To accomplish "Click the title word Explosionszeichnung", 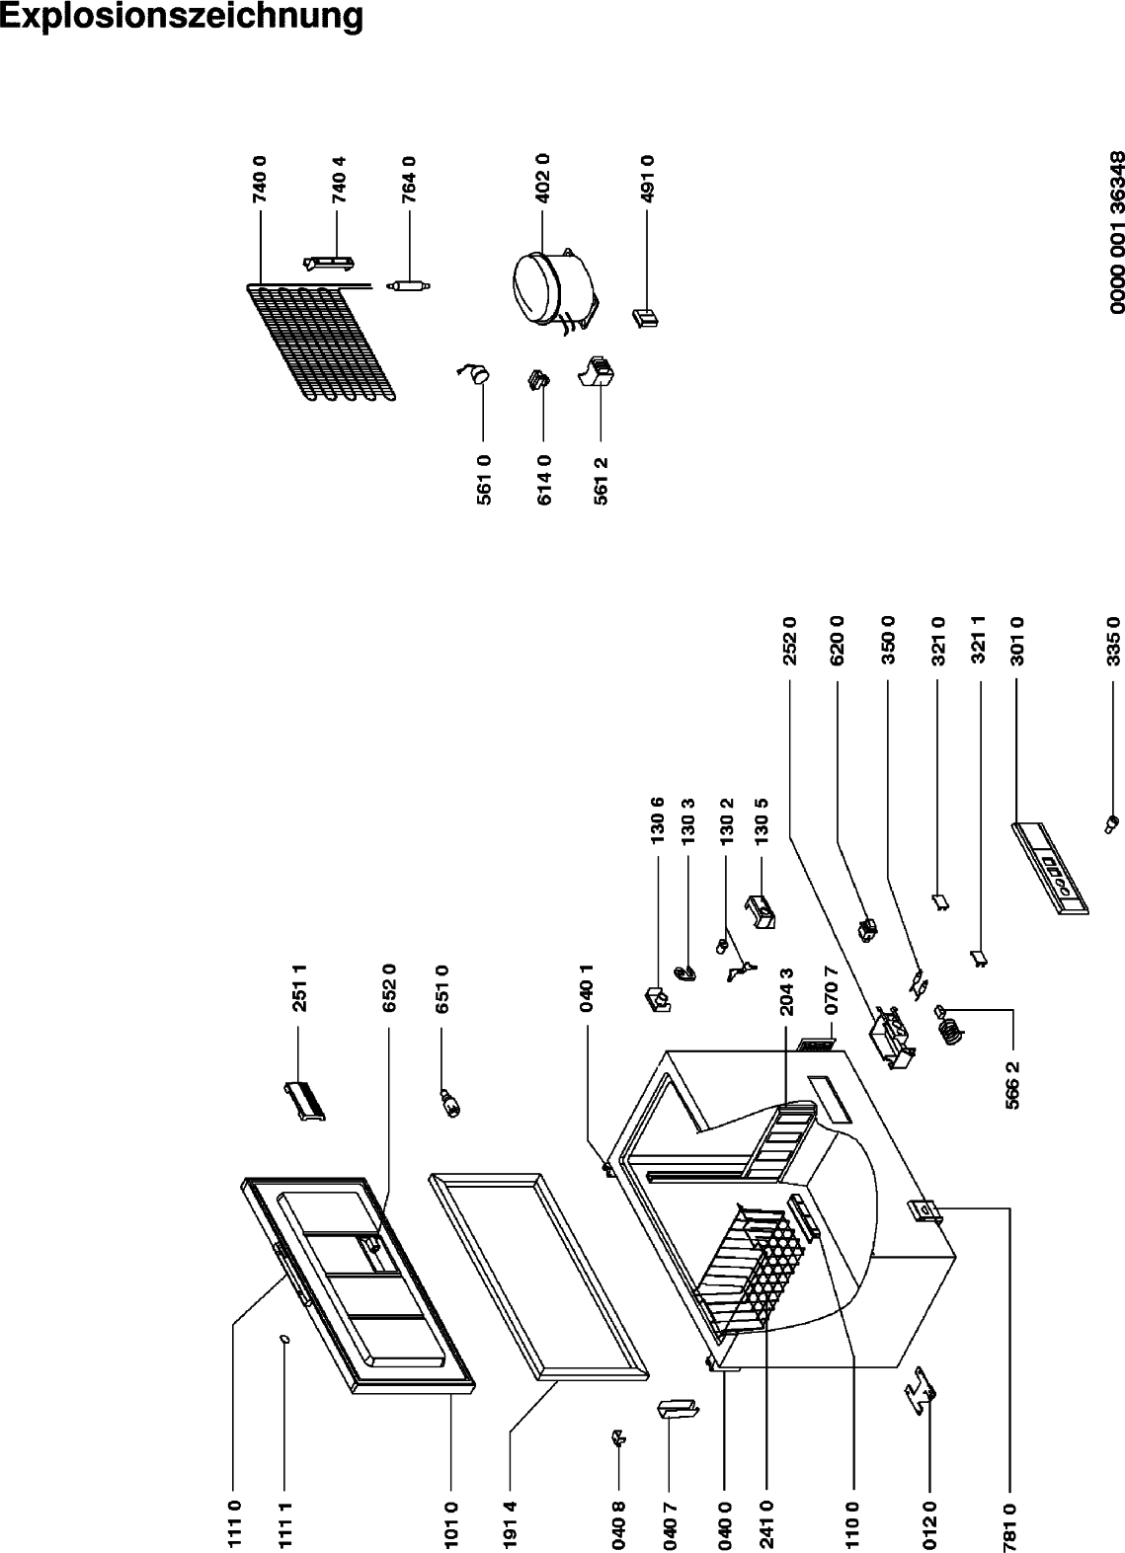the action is tap(181, 17).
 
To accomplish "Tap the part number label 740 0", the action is tap(261, 180).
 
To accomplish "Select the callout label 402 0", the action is tap(543, 178).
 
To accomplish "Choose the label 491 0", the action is tap(648, 180).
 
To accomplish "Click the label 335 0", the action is tap(1113, 642).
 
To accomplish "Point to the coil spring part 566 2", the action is tap(948, 1024).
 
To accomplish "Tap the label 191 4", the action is tap(510, 1522).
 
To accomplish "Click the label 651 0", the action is tap(442, 988).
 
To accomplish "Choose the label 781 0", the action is tap(1010, 1522).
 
